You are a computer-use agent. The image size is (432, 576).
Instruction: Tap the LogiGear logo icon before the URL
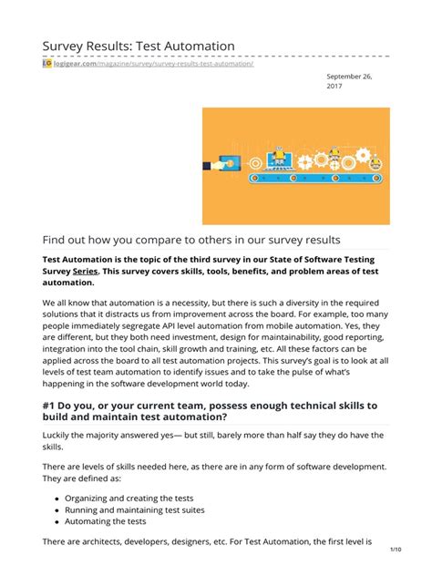tap(46, 63)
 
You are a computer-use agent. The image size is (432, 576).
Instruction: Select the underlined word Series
tap(86, 271)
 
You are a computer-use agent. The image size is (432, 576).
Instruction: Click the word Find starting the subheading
tap(57, 240)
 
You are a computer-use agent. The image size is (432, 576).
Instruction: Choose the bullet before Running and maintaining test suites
tap(57, 509)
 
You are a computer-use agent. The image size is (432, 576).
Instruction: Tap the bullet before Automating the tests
tap(57, 522)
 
